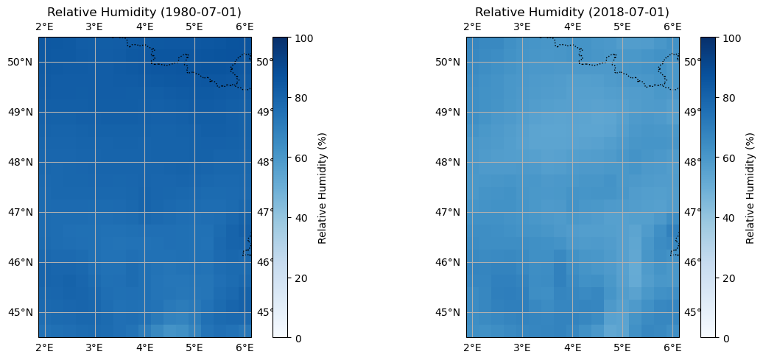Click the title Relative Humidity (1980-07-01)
[144, 13]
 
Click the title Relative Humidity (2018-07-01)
[572, 13]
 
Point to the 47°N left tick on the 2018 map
[450, 212]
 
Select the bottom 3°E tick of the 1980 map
[94, 347]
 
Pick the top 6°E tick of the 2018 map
[672, 27]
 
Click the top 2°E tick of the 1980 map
[44, 27]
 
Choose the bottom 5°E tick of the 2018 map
[622, 347]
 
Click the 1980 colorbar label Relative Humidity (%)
[323, 188]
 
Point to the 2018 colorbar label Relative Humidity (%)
[750, 188]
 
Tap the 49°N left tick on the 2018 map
[450, 112]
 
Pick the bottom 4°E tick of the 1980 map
[144, 347]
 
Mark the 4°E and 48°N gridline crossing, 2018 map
[572, 162]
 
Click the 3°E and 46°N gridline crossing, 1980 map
[94, 262]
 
